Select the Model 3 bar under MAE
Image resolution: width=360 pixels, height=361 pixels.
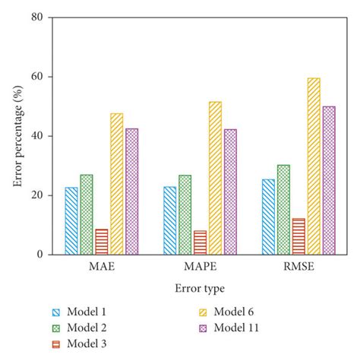[101, 242]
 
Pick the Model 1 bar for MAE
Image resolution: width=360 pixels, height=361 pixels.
[71, 220]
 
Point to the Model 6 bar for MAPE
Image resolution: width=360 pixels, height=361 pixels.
[215, 178]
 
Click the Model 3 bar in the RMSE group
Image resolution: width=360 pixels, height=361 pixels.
[298, 236]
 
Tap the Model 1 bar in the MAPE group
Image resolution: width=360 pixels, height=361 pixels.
[169, 220]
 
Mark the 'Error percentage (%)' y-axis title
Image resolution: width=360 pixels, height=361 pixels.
[16, 136]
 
